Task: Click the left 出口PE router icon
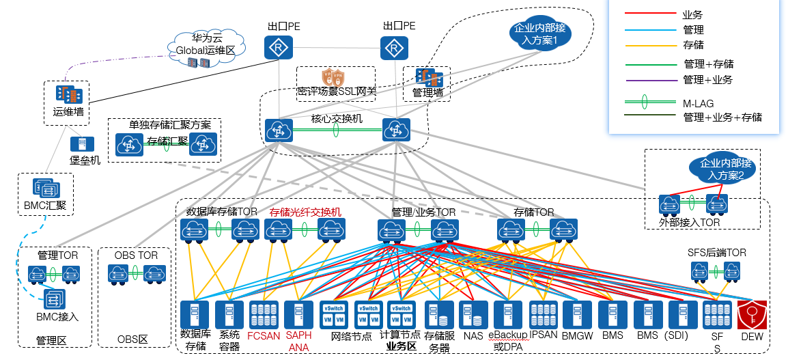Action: coord(278,47)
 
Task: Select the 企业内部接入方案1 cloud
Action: coord(540,34)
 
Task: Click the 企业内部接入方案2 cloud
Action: coord(725,169)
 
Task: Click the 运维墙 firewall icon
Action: coord(68,94)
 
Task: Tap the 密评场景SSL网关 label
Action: coord(336,90)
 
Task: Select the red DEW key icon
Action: coord(752,316)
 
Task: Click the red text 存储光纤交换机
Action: coord(305,212)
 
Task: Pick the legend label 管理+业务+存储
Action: coord(722,117)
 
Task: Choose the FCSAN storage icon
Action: coord(264,316)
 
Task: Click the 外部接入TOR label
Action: coord(690,222)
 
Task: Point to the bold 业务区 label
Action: coord(402,346)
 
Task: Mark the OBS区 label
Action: coord(132,340)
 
